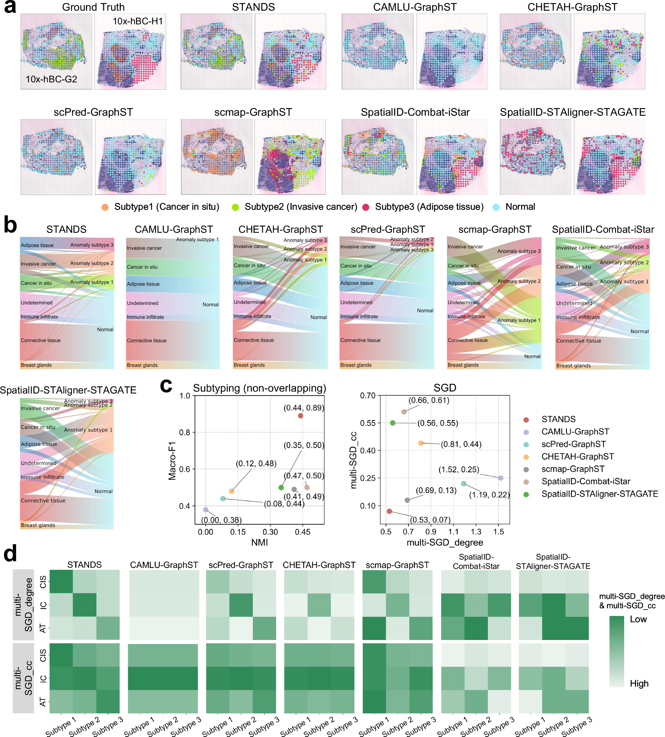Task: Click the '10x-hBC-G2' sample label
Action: coord(51,79)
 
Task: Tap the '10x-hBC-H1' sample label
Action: coord(137,21)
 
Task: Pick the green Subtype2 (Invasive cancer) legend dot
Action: coord(235,207)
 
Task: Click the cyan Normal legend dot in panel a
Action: coord(496,207)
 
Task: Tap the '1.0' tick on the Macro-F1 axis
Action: coord(184,396)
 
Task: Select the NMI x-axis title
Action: coord(259,542)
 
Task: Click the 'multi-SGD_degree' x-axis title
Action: coord(445,542)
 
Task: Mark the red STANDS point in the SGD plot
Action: coord(389,511)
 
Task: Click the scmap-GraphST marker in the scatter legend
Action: coord(526,470)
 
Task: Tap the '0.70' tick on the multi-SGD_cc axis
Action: coord(368,396)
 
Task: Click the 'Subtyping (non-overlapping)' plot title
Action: coord(259,388)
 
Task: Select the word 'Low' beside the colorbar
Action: coord(638,619)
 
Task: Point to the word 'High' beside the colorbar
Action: coord(639,683)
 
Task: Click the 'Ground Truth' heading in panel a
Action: coord(93,7)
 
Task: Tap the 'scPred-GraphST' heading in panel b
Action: coord(388,229)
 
